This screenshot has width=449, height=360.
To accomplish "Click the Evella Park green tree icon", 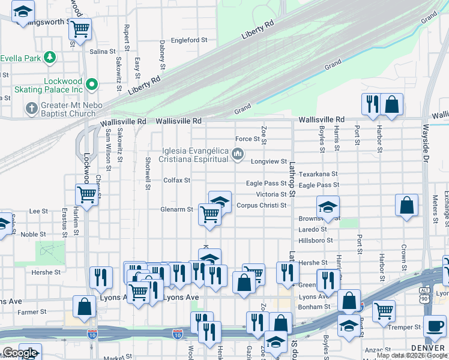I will pyautogui.click(x=50, y=58).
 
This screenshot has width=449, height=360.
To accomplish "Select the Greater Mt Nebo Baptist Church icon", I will pyautogui.click(x=31, y=109).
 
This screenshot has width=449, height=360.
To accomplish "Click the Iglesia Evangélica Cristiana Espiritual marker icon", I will pyautogui.click(x=238, y=155).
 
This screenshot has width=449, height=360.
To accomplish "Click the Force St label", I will pyautogui.click(x=247, y=139).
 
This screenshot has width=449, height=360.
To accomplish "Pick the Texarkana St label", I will pyautogui.click(x=319, y=173).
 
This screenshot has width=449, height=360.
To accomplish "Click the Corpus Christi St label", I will pyautogui.click(x=261, y=205).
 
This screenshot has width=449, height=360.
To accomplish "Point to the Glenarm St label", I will pyautogui.click(x=176, y=209).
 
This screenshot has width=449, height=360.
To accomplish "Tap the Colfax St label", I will pyautogui.click(x=176, y=180).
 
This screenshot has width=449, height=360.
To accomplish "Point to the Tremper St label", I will pyautogui.click(x=405, y=327).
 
